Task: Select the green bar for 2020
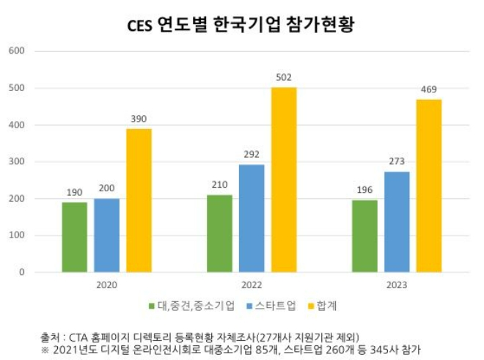tap(74, 237)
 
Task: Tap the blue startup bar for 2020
tap(106, 235)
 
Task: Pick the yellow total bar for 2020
tap(139, 200)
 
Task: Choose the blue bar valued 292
tap(252, 218)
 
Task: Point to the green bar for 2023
tap(364, 236)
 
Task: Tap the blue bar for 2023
tap(397, 221)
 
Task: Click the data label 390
tap(139, 119)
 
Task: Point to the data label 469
tap(429, 90)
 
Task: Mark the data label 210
tap(219, 185)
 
